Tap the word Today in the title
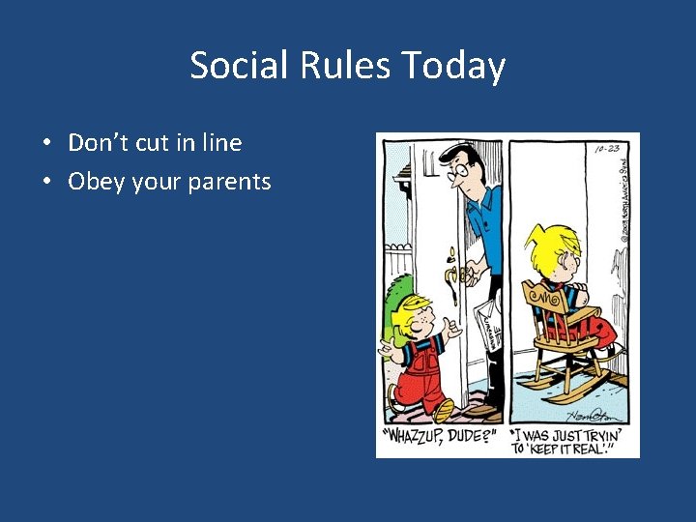click(x=454, y=66)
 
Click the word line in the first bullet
click(x=221, y=143)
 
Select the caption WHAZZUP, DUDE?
click(x=440, y=437)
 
